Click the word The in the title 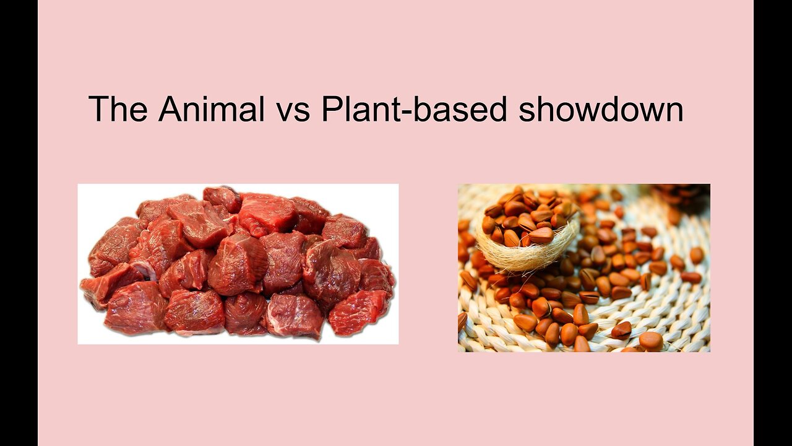tap(118, 109)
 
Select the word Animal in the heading tap(212, 109)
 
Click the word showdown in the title tap(601, 109)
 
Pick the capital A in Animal tap(170, 109)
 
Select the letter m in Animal tap(227, 112)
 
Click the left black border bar tap(19, 223)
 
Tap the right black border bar tap(773, 223)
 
